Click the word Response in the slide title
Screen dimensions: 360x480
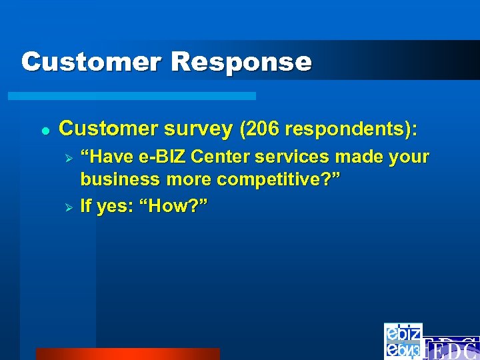(x=241, y=62)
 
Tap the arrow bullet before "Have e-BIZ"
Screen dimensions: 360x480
(x=67, y=159)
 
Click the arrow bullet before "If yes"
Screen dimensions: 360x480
(x=67, y=207)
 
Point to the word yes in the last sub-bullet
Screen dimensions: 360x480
(x=111, y=207)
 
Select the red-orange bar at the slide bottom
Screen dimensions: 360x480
(x=127, y=354)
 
